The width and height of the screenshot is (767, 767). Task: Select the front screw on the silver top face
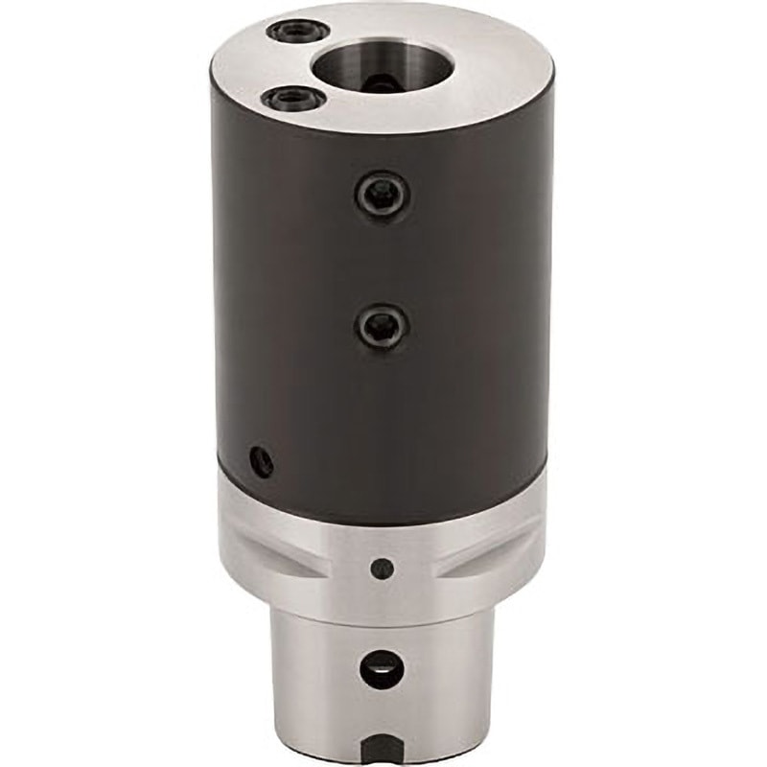pyautogui.click(x=288, y=98)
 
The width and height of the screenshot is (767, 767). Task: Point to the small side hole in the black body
pyautogui.click(x=261, y=462)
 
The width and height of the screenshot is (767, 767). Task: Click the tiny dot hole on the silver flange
pyautogui.click(x=383, y=568)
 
